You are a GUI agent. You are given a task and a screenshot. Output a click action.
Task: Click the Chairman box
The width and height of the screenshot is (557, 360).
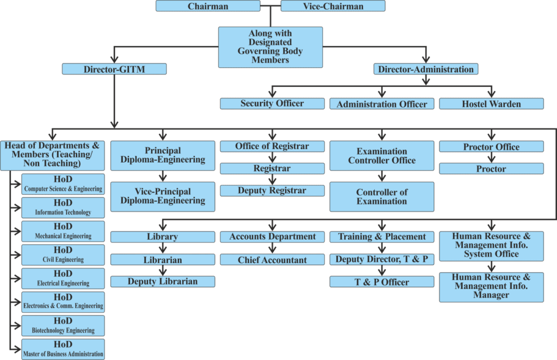click(208, 7)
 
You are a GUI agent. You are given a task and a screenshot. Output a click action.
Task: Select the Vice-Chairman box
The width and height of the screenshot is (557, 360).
click(333, 7)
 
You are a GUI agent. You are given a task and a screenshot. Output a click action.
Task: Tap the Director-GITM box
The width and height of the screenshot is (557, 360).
click(114, 70)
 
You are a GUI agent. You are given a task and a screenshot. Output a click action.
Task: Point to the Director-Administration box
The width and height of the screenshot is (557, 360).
click(426, 70)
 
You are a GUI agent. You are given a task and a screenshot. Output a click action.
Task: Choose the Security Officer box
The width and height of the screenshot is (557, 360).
click(272, 103)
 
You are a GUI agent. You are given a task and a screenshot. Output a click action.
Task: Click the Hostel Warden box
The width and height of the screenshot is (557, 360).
click(491, 104)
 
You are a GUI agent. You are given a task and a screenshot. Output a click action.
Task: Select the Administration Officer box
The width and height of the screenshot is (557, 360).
click(382, 104)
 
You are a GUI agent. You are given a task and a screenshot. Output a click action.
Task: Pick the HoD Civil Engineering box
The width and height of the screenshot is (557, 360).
click(63, 255)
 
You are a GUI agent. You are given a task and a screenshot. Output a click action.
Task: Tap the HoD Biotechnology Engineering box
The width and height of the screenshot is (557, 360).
click(63, 325)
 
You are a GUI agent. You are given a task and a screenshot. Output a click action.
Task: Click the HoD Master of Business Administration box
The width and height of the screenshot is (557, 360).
click(63, 349)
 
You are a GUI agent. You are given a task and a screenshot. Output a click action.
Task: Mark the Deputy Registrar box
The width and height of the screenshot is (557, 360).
click(272, 191)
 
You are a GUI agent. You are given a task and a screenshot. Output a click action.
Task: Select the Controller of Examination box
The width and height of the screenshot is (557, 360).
click(382, 196)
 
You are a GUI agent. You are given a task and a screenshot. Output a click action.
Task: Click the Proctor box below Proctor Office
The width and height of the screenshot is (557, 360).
click(491, 169)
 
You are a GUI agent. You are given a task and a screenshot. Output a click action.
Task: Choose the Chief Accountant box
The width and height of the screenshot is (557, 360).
click(272, 260)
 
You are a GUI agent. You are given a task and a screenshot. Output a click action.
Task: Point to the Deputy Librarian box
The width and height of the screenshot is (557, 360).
click(163, 282)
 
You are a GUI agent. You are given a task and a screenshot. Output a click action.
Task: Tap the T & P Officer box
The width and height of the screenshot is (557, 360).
click(382, 282)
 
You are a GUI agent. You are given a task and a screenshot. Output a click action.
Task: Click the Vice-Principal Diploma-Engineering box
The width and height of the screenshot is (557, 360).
click(163, 196)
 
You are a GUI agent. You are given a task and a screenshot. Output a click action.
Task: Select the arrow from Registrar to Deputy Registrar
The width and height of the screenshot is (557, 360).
click(272, 179)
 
